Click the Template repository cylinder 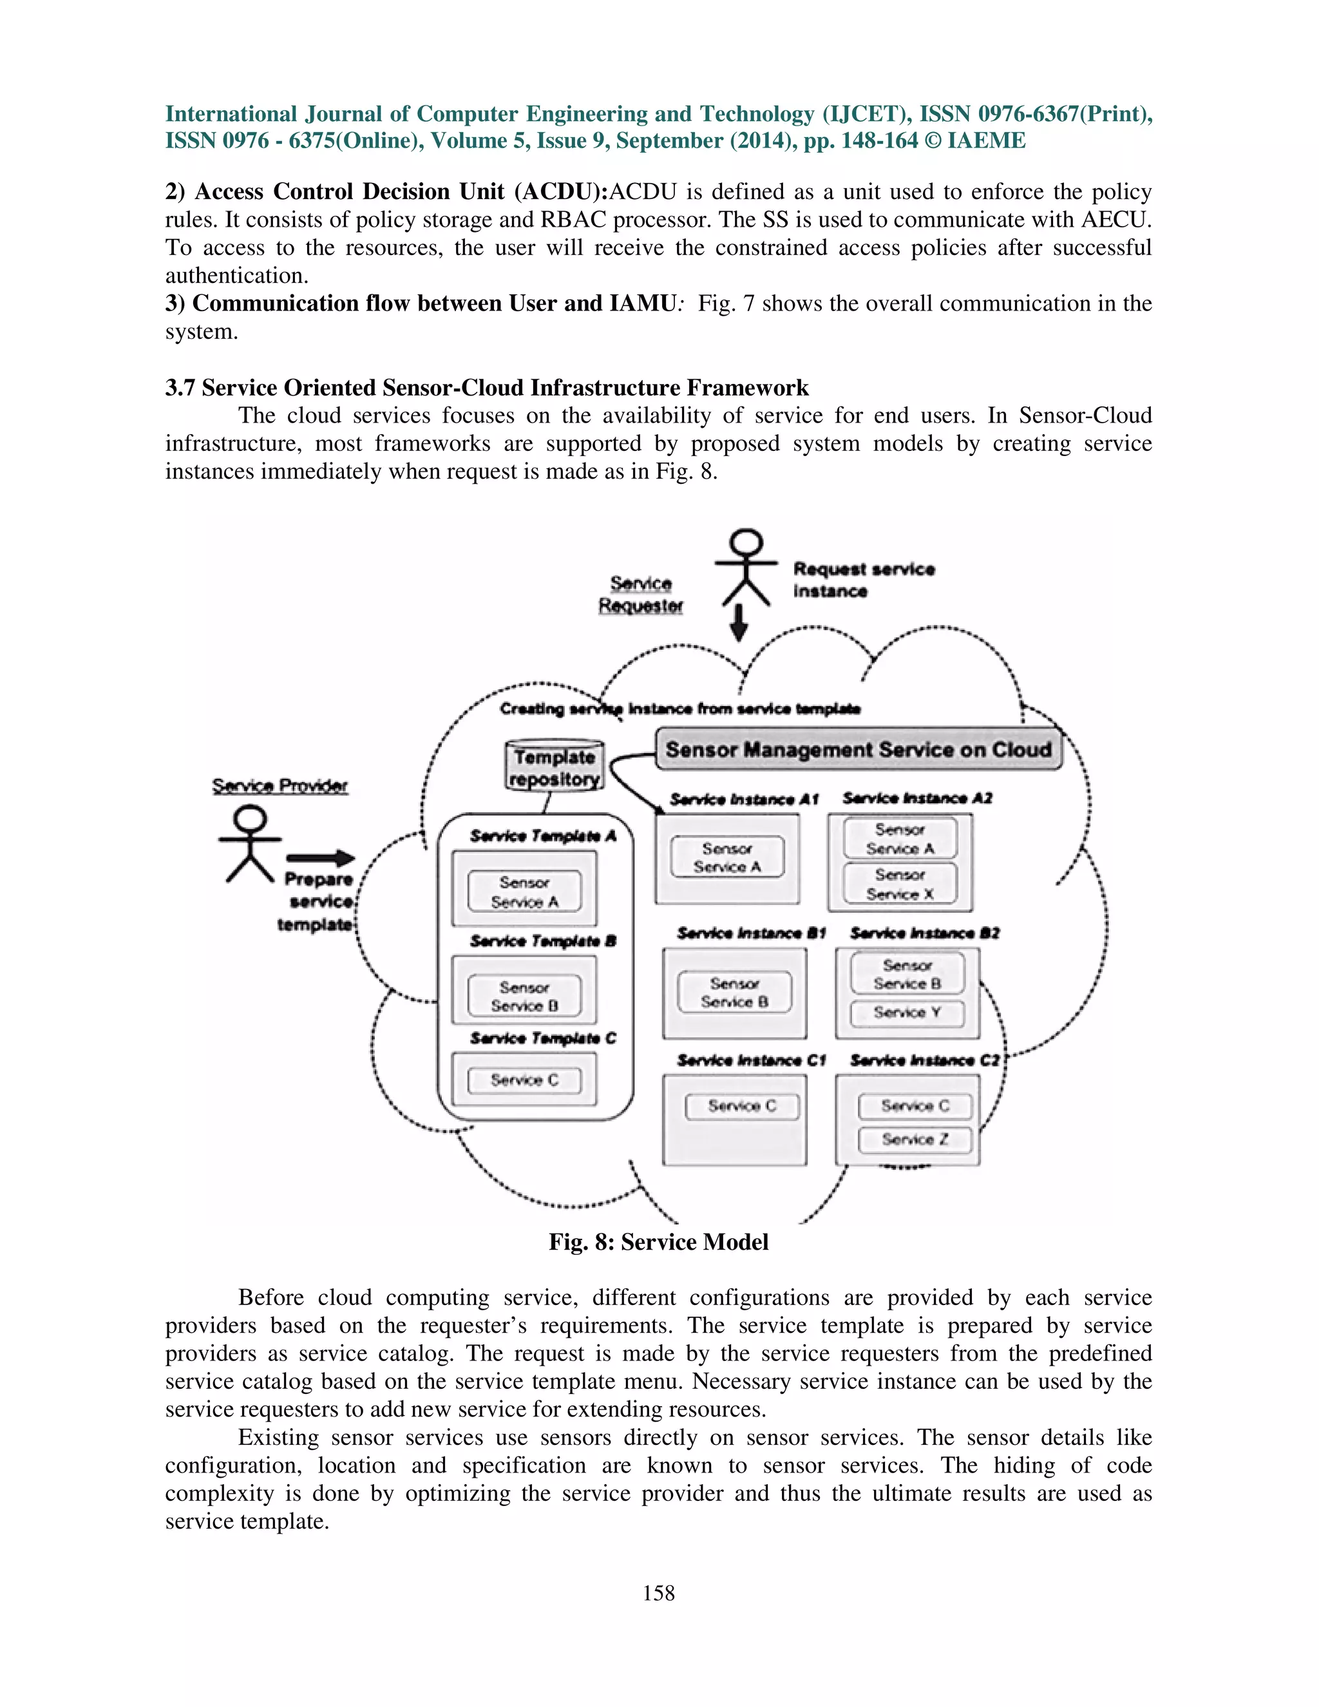554,767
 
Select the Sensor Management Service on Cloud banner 858,750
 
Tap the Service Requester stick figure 747,568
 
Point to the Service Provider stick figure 250,845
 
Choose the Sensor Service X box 899,884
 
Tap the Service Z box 915,1140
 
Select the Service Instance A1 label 744,799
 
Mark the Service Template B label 543,941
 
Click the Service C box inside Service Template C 524,1080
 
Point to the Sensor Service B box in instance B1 734,993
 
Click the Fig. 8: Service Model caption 659,1242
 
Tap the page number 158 659,1593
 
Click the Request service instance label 864,579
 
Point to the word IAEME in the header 986,140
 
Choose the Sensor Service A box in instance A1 726,857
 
